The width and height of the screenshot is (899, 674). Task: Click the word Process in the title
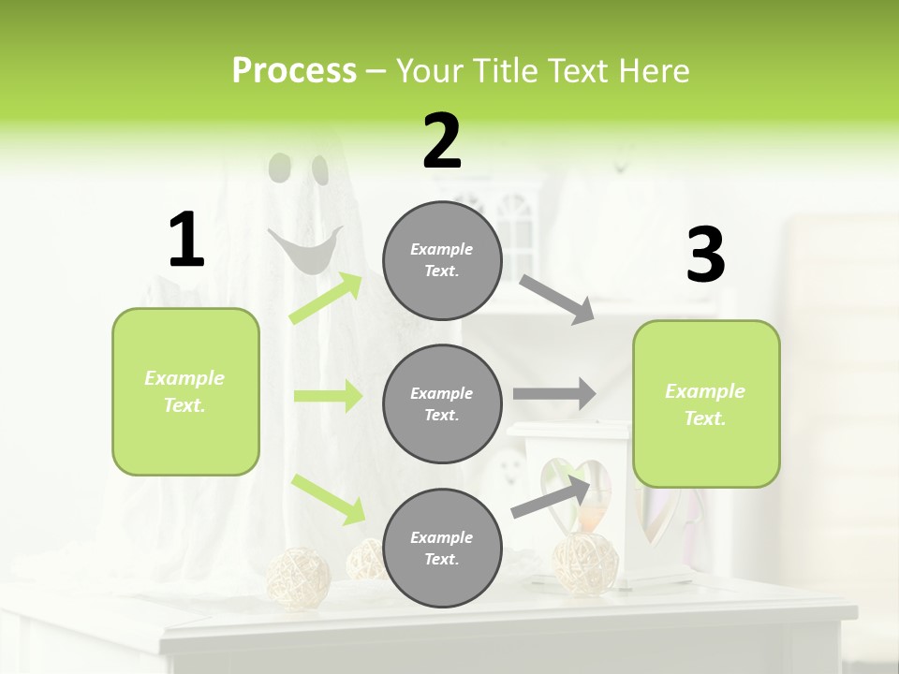click(294, 70)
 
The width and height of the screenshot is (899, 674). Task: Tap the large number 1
click(186, 240)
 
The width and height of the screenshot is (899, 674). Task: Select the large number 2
click(442, 142)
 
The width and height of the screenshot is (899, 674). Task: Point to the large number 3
click(705, 255)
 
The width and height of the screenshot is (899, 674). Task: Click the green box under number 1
click(185, 391)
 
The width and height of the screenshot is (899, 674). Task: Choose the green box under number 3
click(706, 403)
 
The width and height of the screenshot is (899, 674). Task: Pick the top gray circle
click(442, 260)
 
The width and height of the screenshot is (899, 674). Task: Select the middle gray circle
click(442, 403)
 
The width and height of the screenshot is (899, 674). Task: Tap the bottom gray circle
click(442, 548)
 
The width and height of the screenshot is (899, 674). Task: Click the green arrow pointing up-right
click(326, 299)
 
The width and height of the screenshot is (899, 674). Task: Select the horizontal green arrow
click(328, 396)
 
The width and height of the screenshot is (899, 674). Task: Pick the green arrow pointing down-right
click(328, 499)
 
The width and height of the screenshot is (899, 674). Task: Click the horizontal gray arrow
click(553, 394)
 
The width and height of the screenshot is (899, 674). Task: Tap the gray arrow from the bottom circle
click(551, 496)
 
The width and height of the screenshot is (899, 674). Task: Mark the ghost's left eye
click(279, 167)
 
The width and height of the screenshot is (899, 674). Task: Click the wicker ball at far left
click(299, 575)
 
